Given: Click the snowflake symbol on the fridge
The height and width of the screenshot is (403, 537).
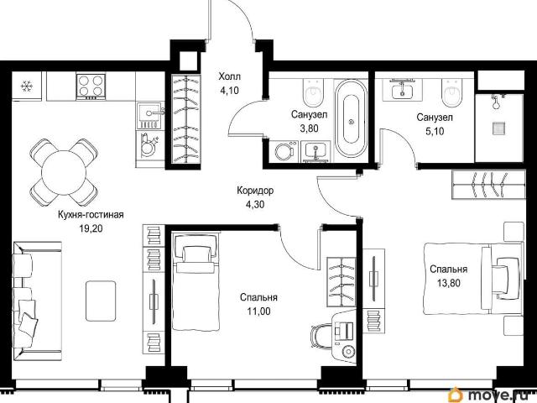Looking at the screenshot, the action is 26,86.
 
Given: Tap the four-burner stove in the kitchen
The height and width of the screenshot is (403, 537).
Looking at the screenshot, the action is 91,86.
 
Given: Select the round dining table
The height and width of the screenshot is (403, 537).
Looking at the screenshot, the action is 64,172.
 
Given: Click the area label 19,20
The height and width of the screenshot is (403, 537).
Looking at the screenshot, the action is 91,228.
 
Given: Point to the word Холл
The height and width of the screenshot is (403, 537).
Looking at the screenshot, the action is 229,76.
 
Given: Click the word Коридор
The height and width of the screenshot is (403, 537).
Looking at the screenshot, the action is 255,191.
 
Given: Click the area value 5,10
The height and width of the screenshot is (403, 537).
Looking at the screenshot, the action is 435,131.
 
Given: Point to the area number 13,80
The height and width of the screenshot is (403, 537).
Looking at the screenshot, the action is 448,283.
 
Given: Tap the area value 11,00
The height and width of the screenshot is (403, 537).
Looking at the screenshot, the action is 258,311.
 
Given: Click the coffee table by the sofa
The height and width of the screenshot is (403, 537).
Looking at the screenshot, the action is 101,301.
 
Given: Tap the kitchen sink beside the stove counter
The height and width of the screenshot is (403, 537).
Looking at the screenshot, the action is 149,116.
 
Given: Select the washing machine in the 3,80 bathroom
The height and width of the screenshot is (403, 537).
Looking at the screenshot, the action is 284,151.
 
